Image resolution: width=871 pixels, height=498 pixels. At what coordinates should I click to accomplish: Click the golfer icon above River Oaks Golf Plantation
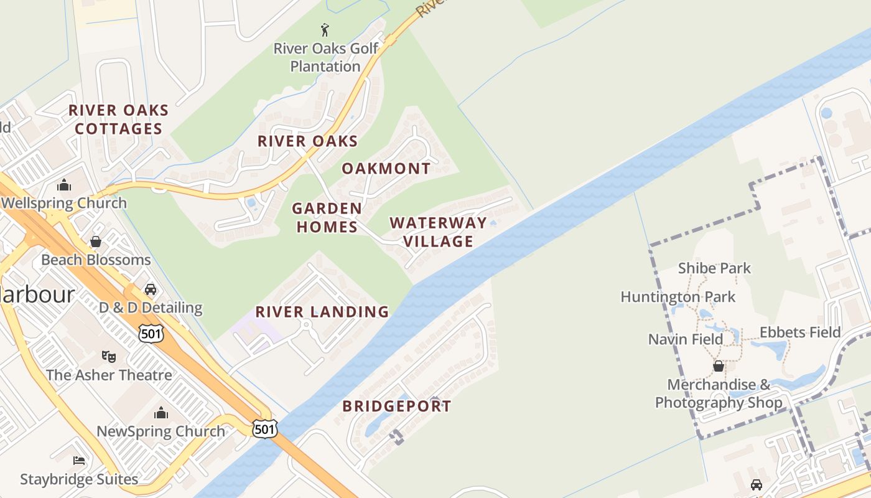(324, 29)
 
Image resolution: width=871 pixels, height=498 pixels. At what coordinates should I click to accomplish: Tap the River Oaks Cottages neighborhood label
(118, 120)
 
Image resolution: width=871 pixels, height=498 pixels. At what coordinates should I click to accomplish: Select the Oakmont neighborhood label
(386, 168)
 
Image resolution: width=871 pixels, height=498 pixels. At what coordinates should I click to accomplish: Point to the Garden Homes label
(327, 217)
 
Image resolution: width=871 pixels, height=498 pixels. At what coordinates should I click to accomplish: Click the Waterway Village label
(438, 232)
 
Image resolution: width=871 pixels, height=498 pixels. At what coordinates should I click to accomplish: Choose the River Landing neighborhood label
(322, 311)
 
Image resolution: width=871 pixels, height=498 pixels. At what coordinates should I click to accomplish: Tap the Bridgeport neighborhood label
(397, 406)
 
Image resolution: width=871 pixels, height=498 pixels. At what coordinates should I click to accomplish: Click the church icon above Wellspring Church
(64, 185)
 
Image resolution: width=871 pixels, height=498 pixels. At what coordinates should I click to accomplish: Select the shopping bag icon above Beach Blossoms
(96, 241)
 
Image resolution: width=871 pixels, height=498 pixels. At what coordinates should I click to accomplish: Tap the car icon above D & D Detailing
(151, 289)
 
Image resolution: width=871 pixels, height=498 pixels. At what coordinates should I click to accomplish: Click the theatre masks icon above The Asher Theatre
(109, 356)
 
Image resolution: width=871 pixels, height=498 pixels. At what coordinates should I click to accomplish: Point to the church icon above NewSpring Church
(161, 413)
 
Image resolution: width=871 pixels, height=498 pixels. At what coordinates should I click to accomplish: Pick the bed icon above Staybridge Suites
(79, 461)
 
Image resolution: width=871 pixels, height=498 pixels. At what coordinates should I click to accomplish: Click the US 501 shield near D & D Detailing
(151, 333)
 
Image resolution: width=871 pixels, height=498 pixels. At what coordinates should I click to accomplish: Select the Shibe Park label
(714, 268)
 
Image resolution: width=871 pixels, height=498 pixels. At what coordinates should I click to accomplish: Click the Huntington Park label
(678, 297)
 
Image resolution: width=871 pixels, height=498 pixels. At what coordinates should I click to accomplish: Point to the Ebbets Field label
(800, 332)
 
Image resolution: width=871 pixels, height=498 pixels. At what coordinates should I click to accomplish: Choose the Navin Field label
(686, 339)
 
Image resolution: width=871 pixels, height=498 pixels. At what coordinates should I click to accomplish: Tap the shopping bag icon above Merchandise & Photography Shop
(718, 365)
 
